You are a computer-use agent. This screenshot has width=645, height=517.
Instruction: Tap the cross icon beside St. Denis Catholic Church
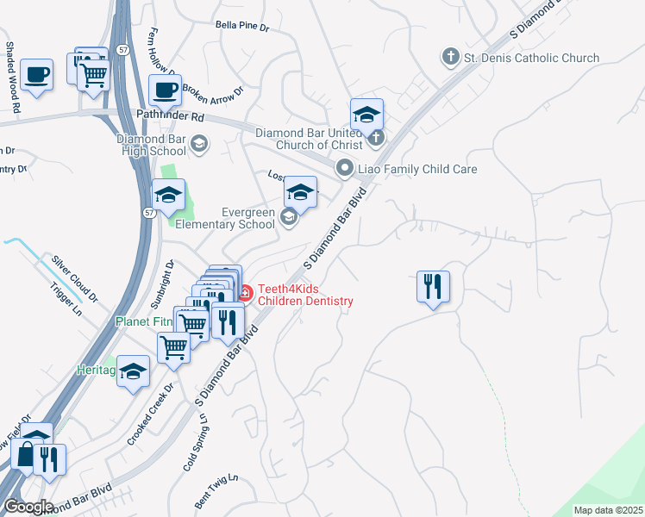pyautogui.click(x=449, y=58)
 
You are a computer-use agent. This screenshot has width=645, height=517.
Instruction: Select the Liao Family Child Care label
pyautogui.click(x=417, y=169)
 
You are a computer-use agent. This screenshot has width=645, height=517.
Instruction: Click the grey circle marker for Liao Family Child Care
pyautogui.click(x=345, y=169)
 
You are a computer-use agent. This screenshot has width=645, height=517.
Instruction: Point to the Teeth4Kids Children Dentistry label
pyautogui.click(x=305, y=295)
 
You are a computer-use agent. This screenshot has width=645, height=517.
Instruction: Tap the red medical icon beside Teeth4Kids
pyautogui.click(x=244, y=294)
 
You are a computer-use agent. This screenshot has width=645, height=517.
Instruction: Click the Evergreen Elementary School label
pyautogui.click(x=225, y=218)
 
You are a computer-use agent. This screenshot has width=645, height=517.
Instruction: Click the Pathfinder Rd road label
pyautogui.click(x=169, y=115)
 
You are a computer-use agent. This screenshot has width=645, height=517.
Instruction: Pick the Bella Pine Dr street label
pyautogui.click(x=242, y=28)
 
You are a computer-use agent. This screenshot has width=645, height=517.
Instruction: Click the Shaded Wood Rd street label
pyautogui.click(x=12, y=77)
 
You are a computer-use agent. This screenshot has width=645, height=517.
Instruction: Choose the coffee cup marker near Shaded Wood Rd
pyautogui.click(x=36, y=76)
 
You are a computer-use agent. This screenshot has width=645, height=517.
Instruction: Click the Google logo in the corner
pyautogui.click(x=28, y=506)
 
